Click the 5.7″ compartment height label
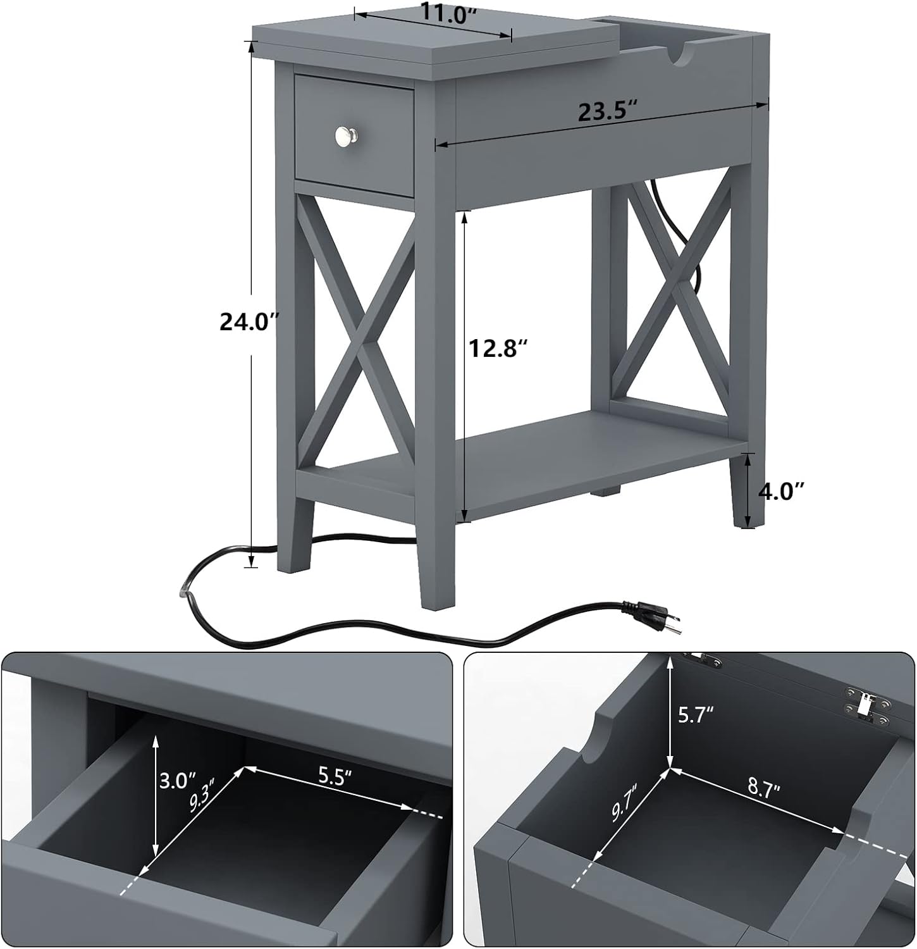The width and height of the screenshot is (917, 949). click(x=696, y=715)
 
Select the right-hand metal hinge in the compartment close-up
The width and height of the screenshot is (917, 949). click(x=867, y=704)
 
